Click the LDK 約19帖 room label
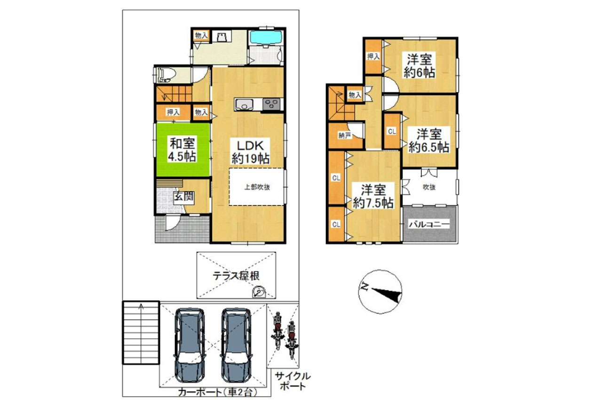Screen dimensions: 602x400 [x=251, y=152]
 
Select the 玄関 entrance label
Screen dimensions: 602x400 [x=183, y=197]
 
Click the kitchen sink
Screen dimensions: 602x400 [x=244, y=104]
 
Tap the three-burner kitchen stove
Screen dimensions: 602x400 [x=272, y=104]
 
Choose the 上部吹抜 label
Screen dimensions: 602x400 [x=257, y=187]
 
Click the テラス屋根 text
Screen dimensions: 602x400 [x=236, y=276]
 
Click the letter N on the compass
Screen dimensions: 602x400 [x=364, y=287]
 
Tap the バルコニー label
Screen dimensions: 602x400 [x=429, y=224]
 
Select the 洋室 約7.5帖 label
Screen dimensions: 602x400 [x=373, y=197]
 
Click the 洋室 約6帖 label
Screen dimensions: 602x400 [x=419, y=66]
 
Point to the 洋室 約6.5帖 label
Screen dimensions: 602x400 [x=429, y=140]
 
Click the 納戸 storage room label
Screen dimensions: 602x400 [x=345, y=136]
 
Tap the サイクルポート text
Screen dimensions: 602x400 [x=293, y=382]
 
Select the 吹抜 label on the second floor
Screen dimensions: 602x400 [x=429, y=187]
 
